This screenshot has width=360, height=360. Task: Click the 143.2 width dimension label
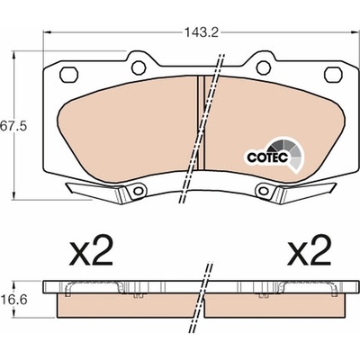tap(201, 32)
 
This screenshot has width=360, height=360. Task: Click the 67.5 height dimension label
tap(13, 126)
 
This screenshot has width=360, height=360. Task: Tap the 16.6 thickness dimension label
tap(13, 299)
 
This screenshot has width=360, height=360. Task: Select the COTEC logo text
tap(267, 157)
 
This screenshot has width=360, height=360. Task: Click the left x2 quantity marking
tap(91, 250)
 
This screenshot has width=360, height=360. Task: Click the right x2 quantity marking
tap(309, 250)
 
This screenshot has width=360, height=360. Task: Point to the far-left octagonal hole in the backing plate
tap(69, 74)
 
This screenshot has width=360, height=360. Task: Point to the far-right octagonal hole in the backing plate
tap(333, 74)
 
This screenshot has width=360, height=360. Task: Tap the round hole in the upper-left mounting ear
tap(139, 67)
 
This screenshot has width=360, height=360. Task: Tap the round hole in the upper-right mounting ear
tap(264, 67)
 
